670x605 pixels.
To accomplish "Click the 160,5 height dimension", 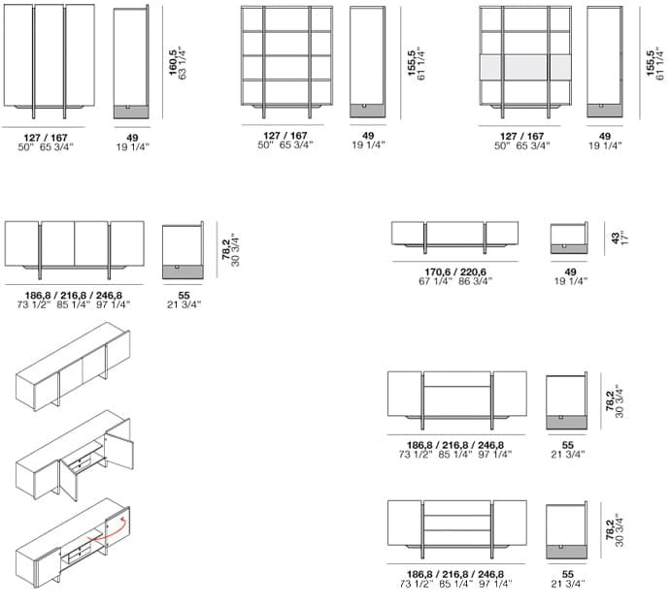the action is [x=173, y=62].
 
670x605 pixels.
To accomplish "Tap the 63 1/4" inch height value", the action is [x=183, y=63].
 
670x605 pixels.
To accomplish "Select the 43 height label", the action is [x=615, y=238].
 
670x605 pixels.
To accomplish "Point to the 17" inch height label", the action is [x=623, y=238].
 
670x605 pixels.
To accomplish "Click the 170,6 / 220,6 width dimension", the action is [x=455, y=271].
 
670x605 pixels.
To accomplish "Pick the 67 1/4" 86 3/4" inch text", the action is [x=455, y=281].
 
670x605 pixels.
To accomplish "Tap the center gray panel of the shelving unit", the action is [x=526, y=67].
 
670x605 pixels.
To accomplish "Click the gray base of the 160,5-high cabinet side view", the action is [x=131, y=112].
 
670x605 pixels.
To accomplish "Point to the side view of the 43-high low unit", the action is [x=569, y=238].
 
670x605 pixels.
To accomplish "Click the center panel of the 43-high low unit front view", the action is [x=455, y=234].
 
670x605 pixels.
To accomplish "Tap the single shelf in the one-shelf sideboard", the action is [x=456, y=387].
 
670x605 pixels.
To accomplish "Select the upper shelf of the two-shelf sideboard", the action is [x=456, y=515].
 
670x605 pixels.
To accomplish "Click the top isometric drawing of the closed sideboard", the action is [x=73, y=366].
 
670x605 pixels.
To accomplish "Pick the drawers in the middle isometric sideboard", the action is [x=82, y=463].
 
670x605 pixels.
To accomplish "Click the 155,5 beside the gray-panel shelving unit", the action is [x=651, y=63].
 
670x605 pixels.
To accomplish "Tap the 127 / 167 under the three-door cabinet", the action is [x=46, y=138].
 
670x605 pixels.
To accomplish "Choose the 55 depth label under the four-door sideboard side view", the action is [x=184, y=296].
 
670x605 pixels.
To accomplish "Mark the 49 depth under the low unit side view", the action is [x=570, y=271].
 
